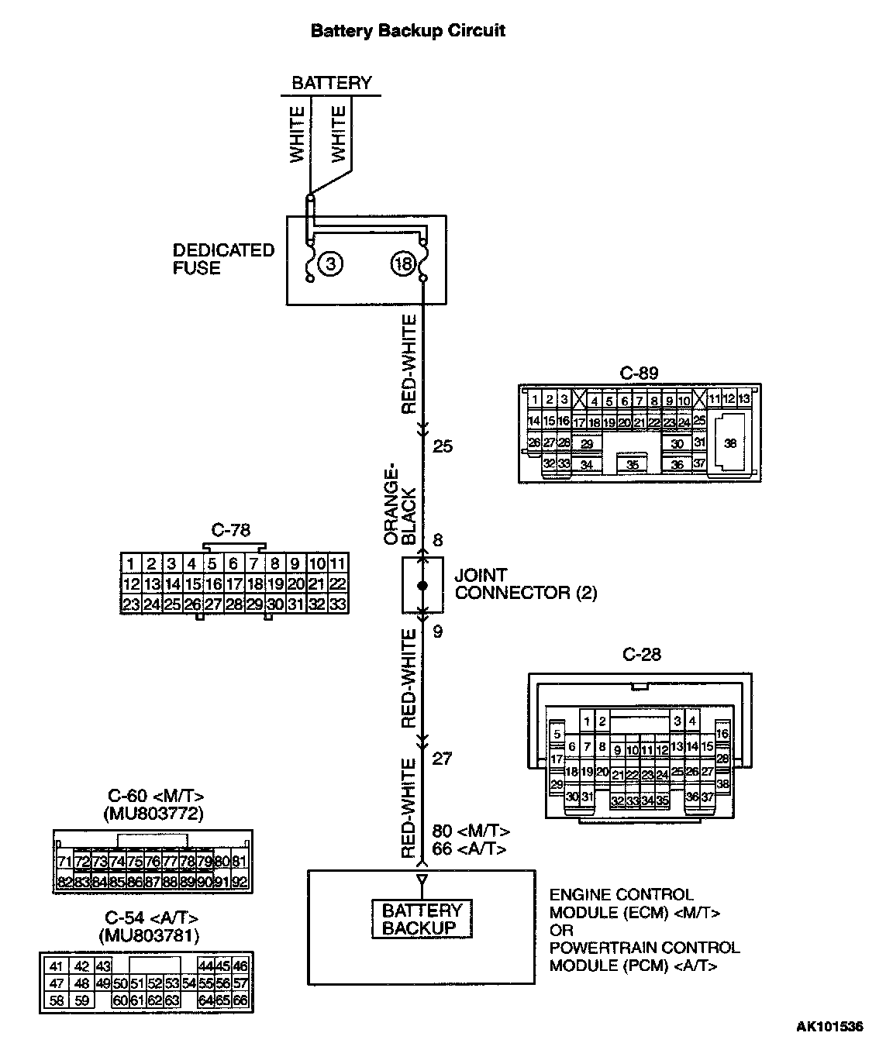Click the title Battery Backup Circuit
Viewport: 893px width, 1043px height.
(408, 30)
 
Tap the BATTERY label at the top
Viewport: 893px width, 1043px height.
(331, 83)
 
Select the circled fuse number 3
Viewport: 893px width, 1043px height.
(331, 263)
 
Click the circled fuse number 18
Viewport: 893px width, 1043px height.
(403, 264)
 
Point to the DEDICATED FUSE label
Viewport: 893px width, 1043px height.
(223, 259)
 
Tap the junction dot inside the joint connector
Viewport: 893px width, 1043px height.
(422, 586)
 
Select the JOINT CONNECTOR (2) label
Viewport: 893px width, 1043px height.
(526, 584)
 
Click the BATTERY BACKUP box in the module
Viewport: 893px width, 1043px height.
(422, 919)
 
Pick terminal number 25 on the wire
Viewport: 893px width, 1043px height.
(443, 446)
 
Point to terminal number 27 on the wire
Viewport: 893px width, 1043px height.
(442, 759)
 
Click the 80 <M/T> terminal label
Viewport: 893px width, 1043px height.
(471, 831)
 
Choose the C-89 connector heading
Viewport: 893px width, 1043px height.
(640, 373)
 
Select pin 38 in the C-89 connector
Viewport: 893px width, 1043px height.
(729, 443)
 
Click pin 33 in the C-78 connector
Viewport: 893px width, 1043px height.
(337, 604)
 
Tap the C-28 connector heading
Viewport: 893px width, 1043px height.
(642, 655)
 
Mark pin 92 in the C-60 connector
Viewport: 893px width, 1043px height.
(239, 882)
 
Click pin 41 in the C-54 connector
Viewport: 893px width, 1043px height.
(56, 966)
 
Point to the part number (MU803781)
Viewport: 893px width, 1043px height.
(150, 936)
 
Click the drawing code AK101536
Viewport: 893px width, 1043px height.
(829, 1028)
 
